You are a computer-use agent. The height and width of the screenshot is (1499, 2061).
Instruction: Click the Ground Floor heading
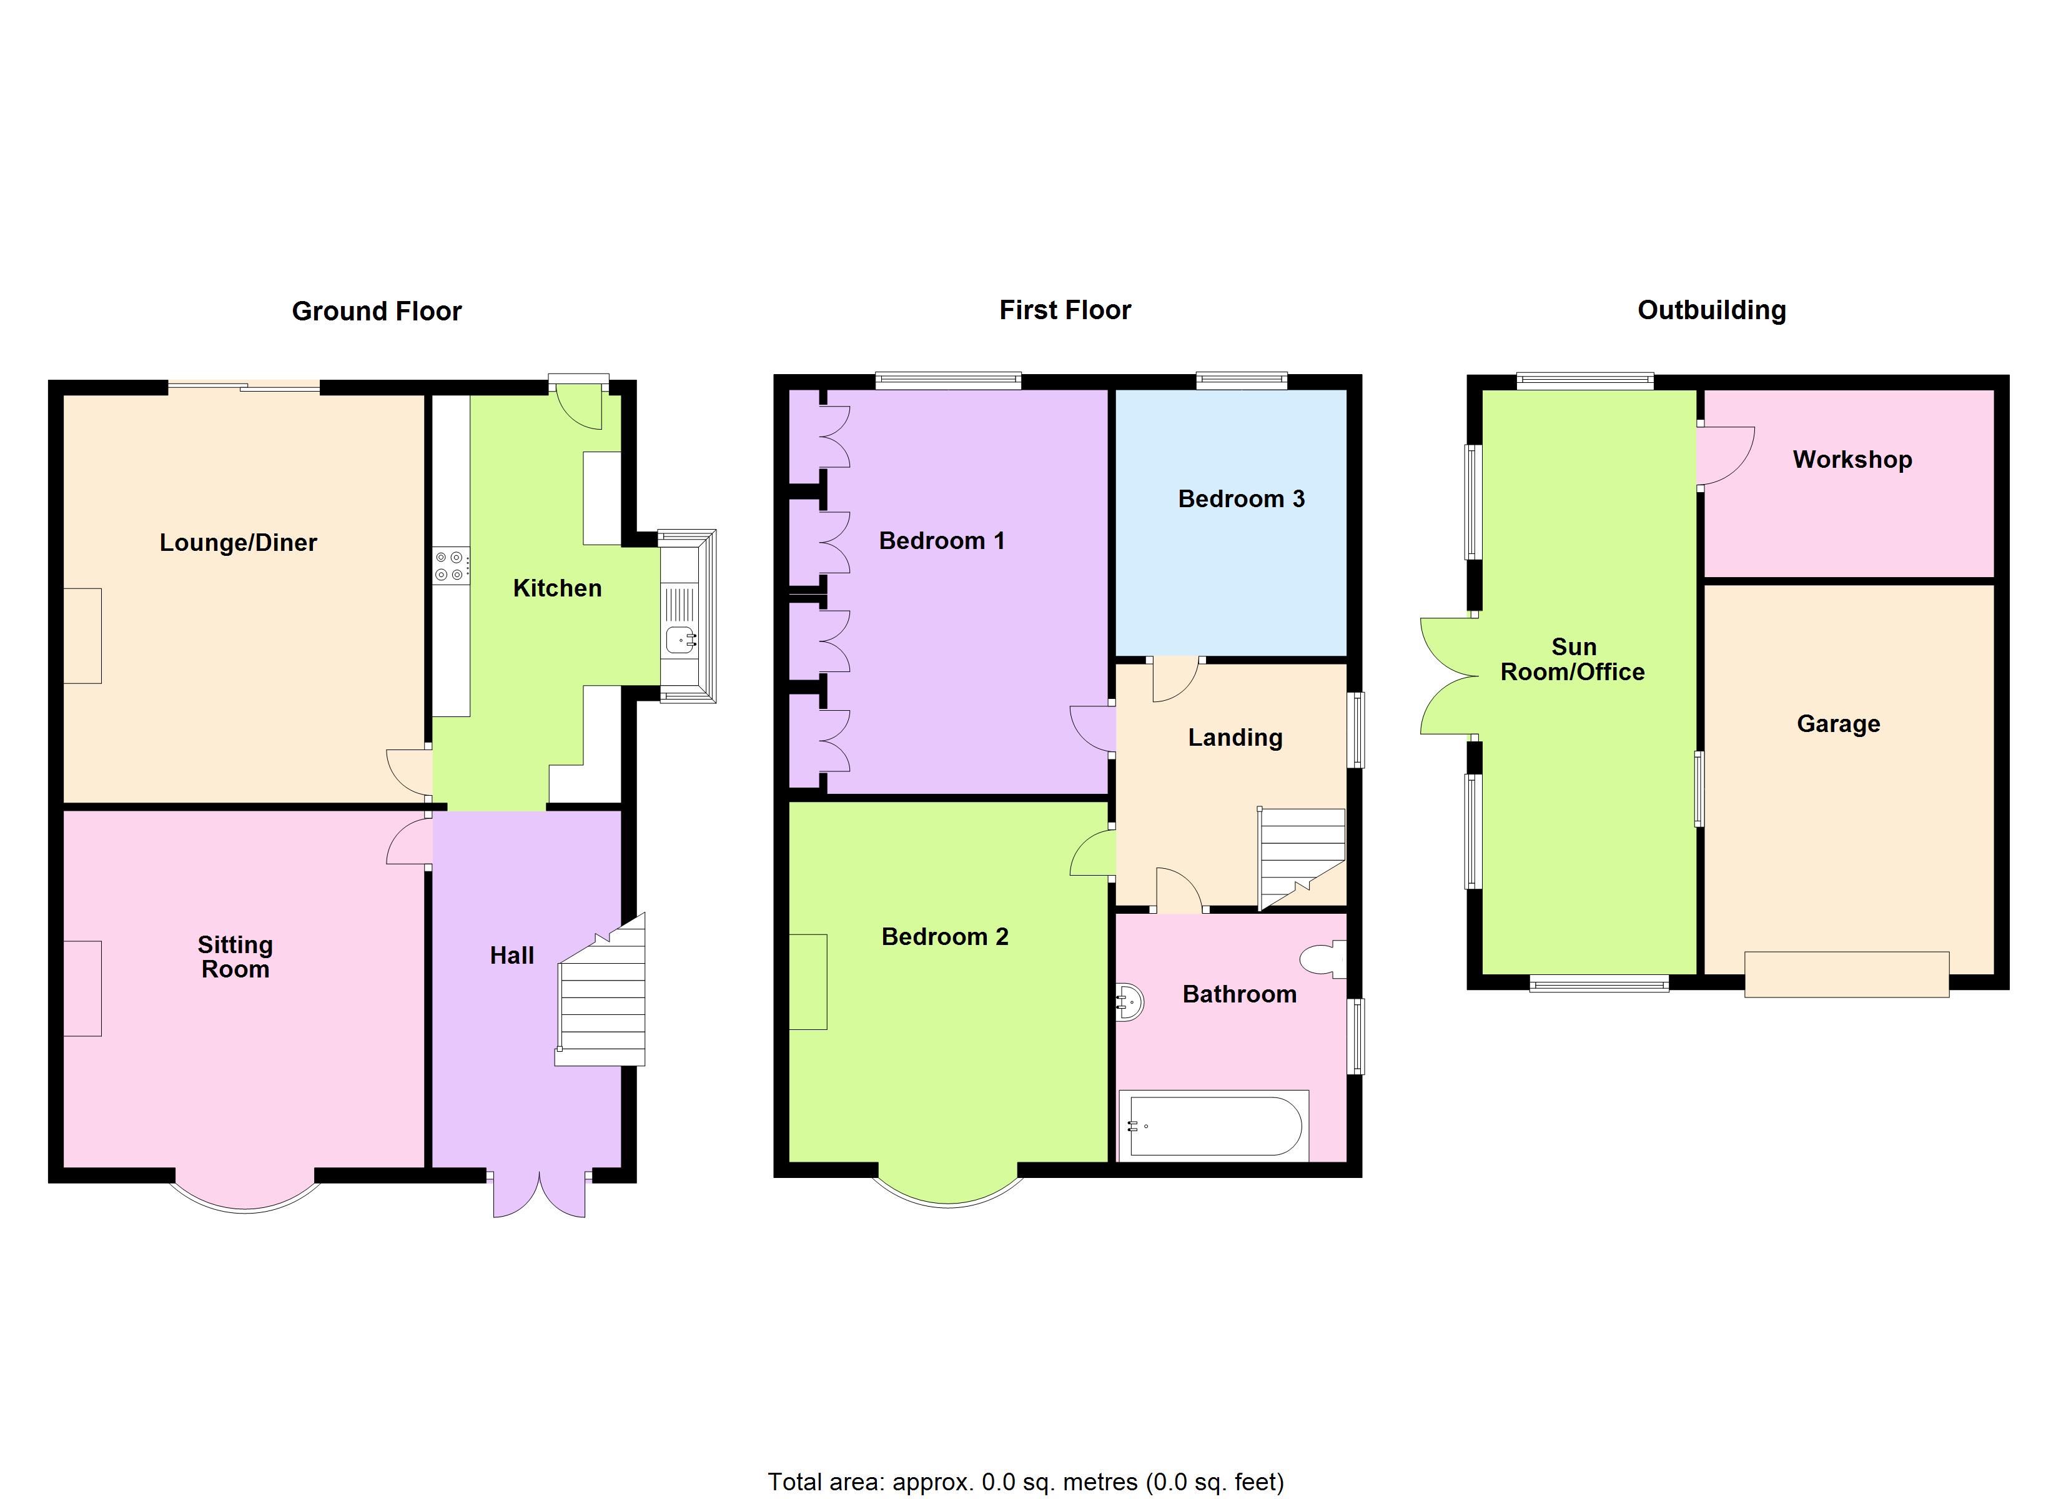[376, 312]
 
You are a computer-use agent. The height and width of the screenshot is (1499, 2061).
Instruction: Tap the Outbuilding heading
[1711, 311]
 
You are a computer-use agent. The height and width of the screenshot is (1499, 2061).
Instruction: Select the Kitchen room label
[557, 589]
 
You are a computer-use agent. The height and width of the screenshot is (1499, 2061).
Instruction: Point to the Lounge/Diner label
[238, 543]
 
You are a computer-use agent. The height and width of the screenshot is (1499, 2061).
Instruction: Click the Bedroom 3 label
[1240, 499]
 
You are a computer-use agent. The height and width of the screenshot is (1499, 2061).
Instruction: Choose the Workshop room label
[1852, 460]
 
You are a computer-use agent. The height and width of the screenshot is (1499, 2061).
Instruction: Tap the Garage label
[1837, 725]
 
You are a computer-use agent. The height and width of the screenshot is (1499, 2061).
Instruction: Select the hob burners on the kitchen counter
[451, 565]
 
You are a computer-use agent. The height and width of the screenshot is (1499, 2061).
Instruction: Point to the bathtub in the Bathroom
[1215, 1127]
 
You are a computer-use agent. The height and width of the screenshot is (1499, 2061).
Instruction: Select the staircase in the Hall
[601, 1000]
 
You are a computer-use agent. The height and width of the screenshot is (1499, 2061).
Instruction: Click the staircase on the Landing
[1300, 856]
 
